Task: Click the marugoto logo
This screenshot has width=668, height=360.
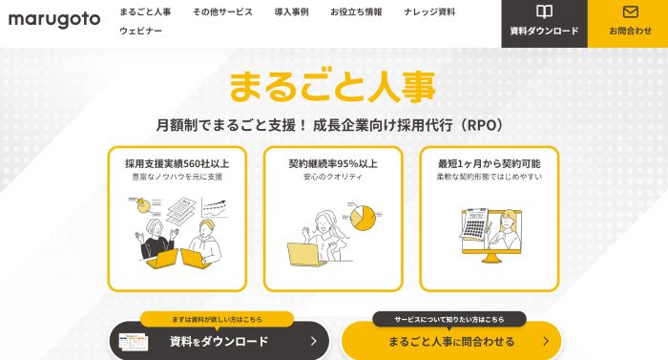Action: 54,20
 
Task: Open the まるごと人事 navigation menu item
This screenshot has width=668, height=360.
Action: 145,12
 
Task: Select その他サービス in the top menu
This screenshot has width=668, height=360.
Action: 222,12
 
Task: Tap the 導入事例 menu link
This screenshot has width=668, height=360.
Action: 291,12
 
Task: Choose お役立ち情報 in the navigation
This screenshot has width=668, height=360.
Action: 356,12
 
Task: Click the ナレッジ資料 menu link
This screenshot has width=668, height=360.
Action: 429,12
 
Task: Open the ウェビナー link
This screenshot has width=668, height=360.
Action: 141,31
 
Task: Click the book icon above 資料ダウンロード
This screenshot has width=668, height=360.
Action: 545,11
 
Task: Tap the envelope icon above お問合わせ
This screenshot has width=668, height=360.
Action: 631,11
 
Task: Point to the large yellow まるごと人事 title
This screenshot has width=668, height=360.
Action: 332,87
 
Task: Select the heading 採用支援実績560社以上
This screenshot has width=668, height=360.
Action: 177,164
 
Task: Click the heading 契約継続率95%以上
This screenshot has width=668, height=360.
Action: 333,164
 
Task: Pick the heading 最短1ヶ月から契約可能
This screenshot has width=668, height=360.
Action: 489,164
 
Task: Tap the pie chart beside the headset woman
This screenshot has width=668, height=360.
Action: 363,218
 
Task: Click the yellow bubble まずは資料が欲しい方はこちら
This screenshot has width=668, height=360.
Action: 217,320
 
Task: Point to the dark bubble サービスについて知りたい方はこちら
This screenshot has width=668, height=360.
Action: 449,320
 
